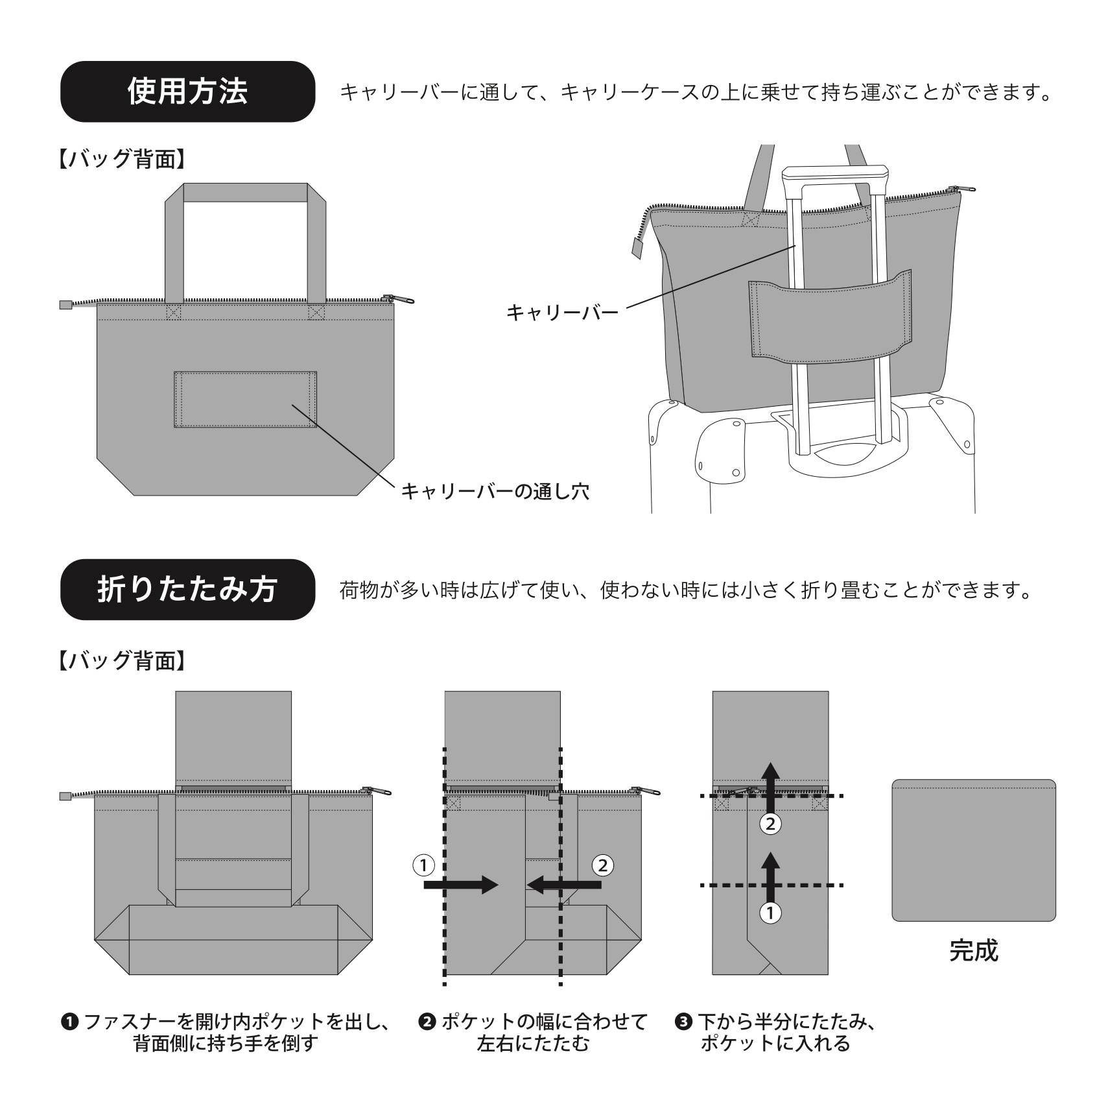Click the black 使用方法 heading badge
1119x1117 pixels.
click(x=187, y=91)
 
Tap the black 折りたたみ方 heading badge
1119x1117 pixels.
click(x=187, y=589)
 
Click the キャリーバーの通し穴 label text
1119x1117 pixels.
click(x=495, y=491)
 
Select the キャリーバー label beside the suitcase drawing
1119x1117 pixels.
click(x=562, y=313)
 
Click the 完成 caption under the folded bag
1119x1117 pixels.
click(x=973, y=950)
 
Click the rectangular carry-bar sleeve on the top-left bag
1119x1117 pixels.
click(x=245, y=400)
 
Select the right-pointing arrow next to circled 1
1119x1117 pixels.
click(x=460, y=885)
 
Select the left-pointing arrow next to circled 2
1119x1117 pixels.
click(x=564, y=885)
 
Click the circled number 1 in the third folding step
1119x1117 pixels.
click(x=770, y=913)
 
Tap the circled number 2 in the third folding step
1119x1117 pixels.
click(x=770, y=824)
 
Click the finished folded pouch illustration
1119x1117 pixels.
click(x=973, y=850)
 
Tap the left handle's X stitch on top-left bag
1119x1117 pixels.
click(x=174, y=313)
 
